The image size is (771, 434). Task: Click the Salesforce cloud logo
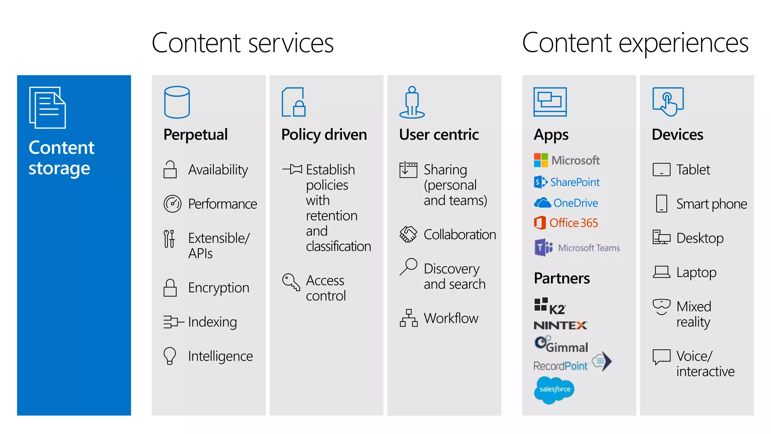554,390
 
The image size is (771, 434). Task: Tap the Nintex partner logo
561,325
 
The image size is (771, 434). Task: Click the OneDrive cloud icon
542,203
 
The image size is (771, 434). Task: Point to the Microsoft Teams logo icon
543,248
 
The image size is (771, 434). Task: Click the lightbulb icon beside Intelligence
170,356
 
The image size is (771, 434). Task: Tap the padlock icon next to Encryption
170,288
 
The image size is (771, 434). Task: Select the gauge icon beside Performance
172,204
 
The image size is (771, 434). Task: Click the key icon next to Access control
291,282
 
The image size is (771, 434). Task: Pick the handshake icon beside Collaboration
408,234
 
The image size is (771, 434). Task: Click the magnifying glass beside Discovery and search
408,267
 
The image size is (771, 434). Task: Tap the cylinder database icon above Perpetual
177,102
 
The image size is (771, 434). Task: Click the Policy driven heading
324,134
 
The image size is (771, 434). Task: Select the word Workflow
451,318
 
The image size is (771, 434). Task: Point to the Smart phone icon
661,204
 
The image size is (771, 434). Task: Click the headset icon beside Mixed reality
661,307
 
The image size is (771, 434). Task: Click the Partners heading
562,278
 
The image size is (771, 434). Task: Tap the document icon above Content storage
47,108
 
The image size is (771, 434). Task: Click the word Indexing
212,322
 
